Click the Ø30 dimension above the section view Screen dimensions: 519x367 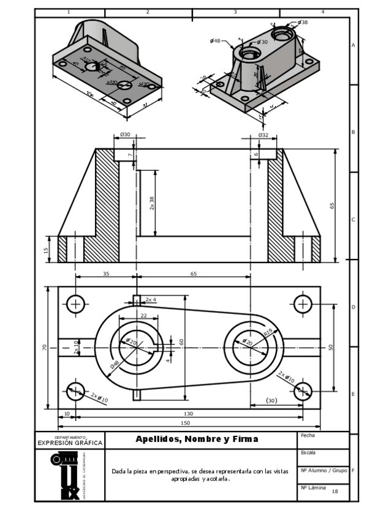(125, 135)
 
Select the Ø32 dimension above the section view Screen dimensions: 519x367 (263, 135)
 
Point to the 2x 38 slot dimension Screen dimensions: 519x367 (152, 204)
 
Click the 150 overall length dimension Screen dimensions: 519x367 (184, 423)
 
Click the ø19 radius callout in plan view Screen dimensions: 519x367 (268, 332)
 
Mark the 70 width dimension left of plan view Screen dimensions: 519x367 (44, 347)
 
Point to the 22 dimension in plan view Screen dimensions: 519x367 (143, 315)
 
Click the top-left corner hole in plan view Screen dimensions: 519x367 (76, 304)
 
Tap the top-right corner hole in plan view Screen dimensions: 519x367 (303, 304)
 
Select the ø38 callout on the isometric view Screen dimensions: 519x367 (302, 22)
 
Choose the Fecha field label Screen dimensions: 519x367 (308, 435)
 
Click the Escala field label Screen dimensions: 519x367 (308, 453)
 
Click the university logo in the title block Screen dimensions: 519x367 (66, 476)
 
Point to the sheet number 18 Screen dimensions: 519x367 (335, 491)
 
